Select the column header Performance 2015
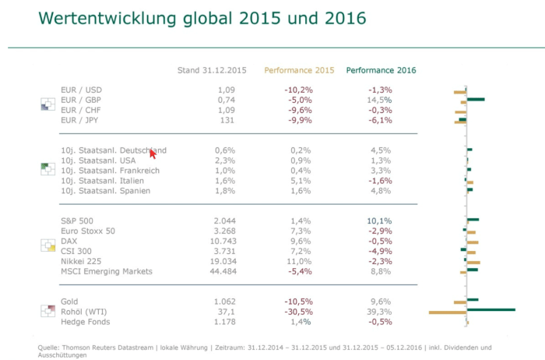(x=299, y=70)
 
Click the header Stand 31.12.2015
(x=212, y=70)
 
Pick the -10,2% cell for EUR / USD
(x=298, y=90)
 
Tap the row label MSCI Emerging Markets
(x=106, y=271)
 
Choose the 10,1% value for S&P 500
(x=379, y=221)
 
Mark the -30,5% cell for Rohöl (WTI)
(x=298, y=311)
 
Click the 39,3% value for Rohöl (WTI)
(x=379, y=311)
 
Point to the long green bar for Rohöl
(x=490, y=309)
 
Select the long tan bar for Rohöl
(x=448, y=313)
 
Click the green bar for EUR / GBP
(x=475, y=99)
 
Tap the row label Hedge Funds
(x=85, y=321)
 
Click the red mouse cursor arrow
(x=153, y=154)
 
